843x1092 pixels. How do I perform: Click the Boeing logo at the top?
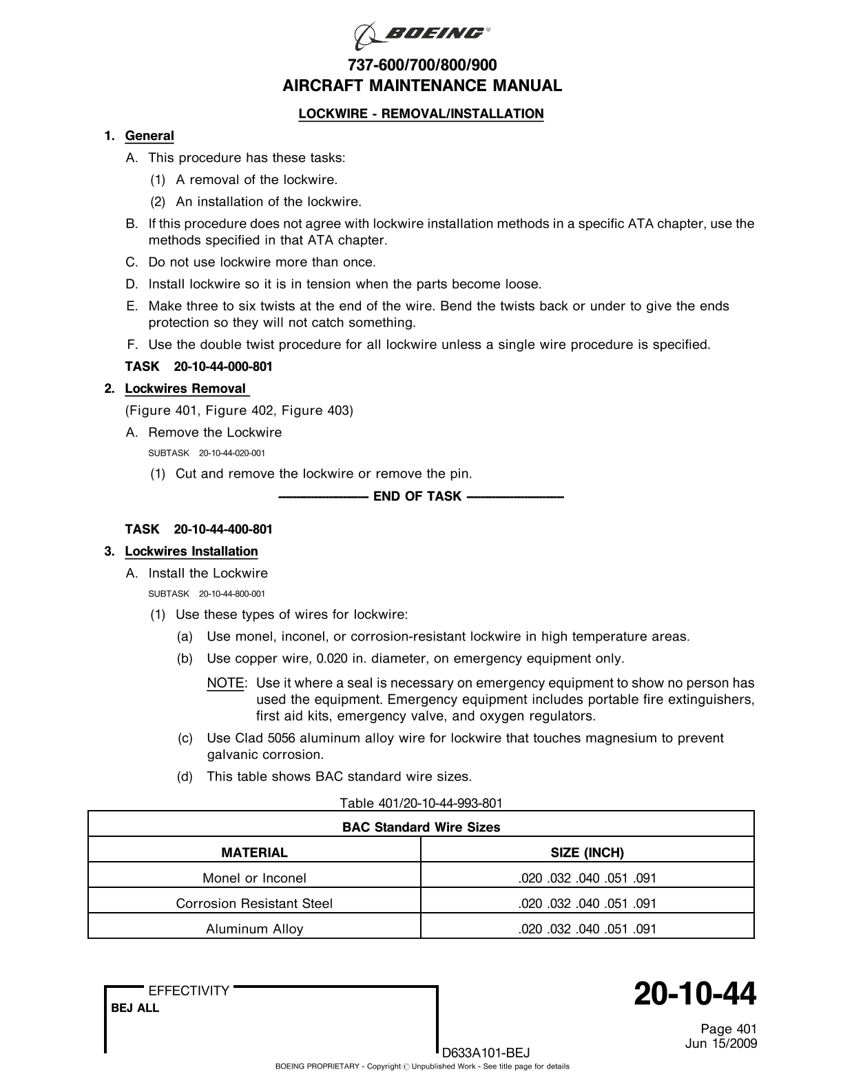[421, 35]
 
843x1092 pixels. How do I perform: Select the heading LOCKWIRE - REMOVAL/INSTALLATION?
[421, 114]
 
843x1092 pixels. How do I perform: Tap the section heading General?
[149, 136]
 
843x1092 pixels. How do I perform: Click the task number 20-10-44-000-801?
[223, 367]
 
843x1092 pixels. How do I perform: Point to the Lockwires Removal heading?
[185, 389]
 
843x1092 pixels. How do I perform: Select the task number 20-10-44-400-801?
[223, 529]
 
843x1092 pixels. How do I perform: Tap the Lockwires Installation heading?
[191, 552]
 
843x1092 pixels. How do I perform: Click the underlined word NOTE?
[225, 683]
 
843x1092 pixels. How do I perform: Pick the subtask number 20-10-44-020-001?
[232, 453]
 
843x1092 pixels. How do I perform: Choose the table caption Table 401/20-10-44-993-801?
[421, 803]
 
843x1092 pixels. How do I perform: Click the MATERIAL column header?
[254, 853]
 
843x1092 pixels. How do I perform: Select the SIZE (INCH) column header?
[587, 853]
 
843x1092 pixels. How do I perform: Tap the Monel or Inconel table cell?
[254, 878]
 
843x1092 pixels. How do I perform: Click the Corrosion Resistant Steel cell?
[254, 904]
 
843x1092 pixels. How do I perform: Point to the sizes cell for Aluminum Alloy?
[587, 929]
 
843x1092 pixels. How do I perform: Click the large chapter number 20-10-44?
[694, 995]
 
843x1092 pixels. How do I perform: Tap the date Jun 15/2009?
[721, 1044]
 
